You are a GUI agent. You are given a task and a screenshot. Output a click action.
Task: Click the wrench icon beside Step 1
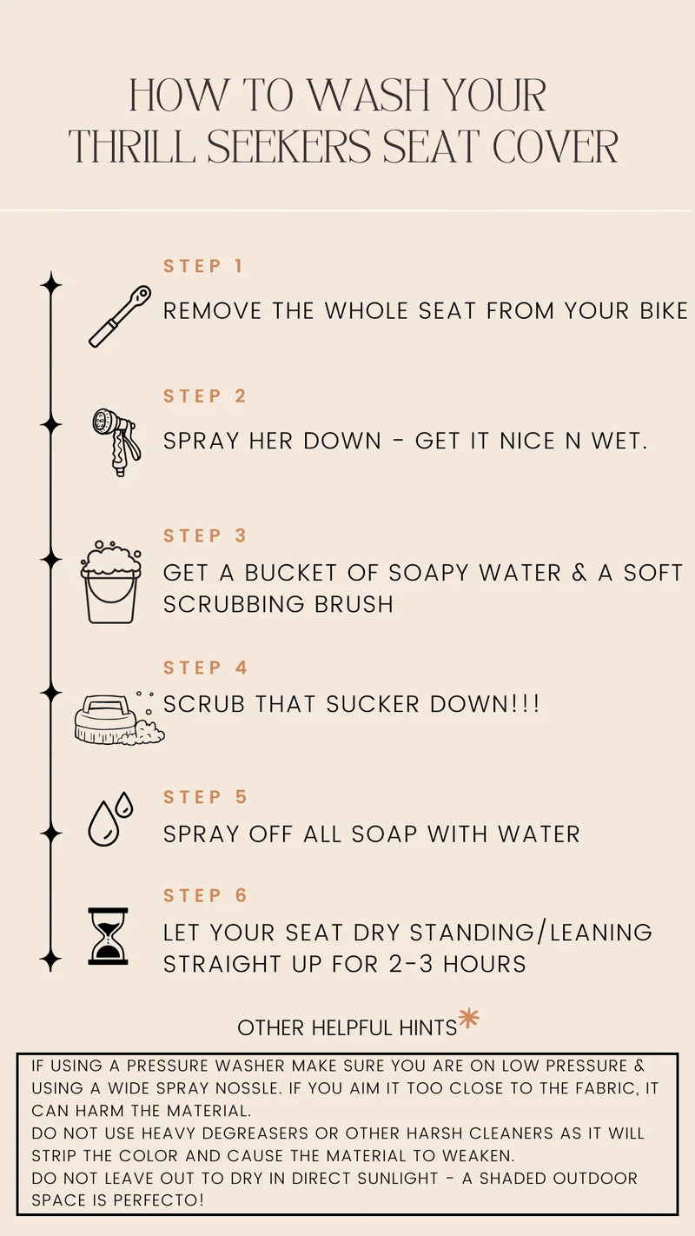[x=120, y=316]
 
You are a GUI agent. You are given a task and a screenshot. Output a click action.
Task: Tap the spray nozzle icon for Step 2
[x=116, y=442]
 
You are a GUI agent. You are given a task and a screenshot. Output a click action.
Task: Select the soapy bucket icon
[x=111, y=582]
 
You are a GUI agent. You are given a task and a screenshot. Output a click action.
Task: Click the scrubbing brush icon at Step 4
[x=119, y=718]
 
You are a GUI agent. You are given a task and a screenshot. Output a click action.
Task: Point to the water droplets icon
[x=110, y=820]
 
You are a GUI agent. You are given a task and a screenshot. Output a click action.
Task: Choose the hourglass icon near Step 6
[x=108, y=936]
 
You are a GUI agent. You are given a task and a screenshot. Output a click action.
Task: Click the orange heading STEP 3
[x=205, y=535]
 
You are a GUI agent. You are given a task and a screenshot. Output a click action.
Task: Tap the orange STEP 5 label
[x=205, y=797]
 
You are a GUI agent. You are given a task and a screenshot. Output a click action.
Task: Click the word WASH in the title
[x=367, y=95]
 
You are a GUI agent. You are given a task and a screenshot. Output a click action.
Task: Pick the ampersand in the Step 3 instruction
[x=579, y=573]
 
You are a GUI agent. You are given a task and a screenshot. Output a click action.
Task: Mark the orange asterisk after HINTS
[x=468, y=1018]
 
